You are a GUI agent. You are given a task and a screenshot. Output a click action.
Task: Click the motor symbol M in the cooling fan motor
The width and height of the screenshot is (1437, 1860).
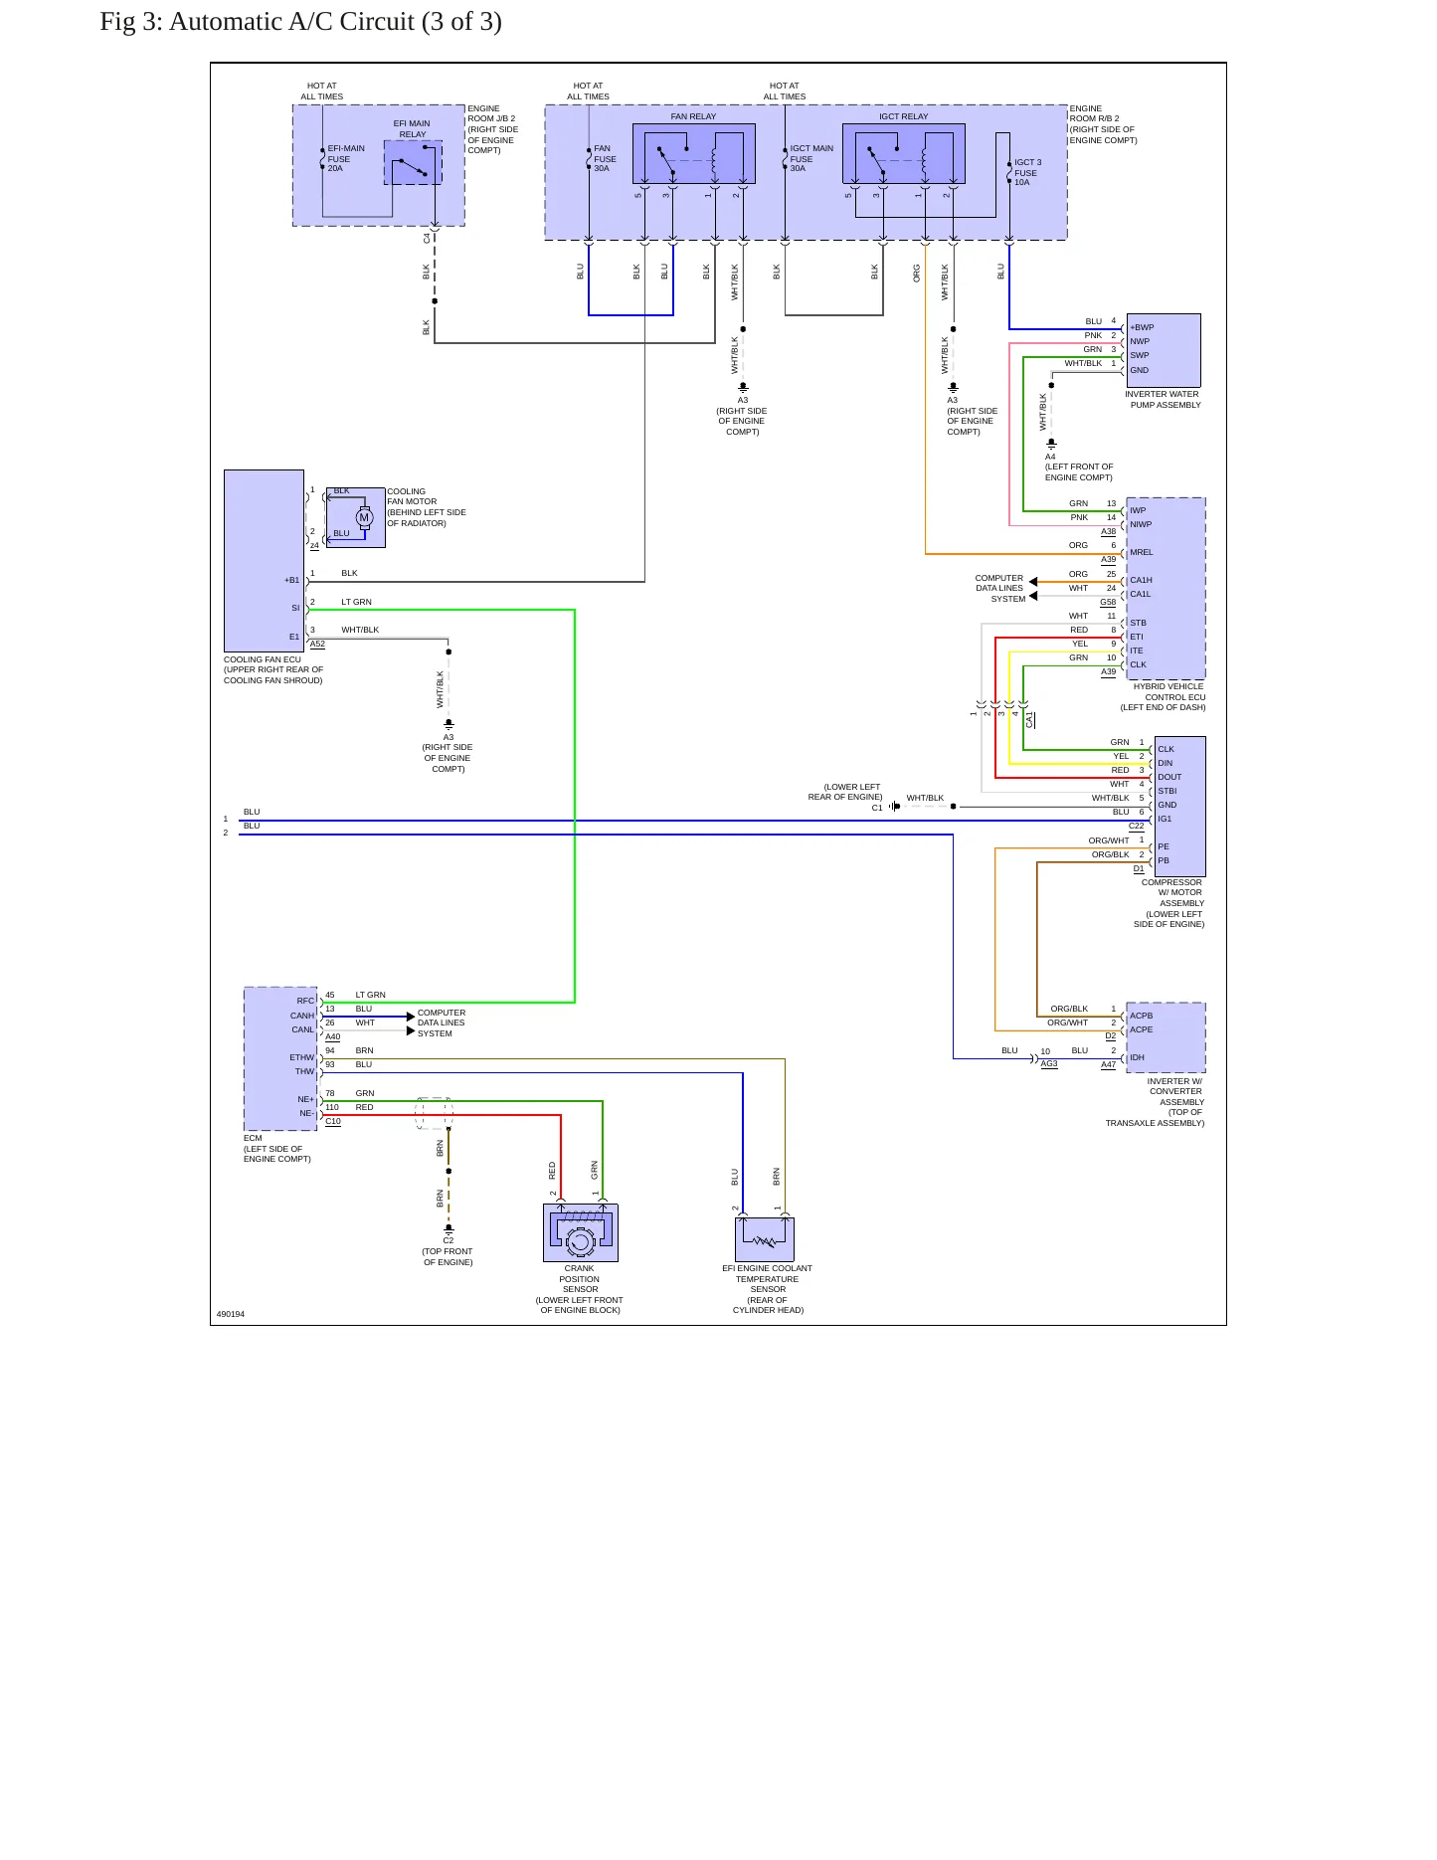point(364,517)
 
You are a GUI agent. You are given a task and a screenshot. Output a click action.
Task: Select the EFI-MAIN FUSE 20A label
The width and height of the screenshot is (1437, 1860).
point(346,158)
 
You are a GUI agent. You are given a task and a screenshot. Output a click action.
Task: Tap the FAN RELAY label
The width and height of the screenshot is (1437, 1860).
point(693,116)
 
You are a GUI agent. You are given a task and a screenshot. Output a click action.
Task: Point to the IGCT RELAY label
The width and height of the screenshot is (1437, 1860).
point(903,116)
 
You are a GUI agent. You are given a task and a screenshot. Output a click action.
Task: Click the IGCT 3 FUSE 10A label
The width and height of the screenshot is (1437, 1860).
point(1027,172)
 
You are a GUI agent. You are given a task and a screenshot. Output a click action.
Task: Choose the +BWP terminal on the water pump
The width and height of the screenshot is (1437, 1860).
point(1142,327)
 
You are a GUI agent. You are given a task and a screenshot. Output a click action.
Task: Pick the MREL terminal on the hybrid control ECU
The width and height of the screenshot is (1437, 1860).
point(1141,552)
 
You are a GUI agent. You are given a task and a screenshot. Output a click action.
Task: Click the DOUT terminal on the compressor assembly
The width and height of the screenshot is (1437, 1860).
point(1169,777)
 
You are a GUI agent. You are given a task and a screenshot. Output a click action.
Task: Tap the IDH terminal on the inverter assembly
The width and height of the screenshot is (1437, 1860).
point(1137,1057)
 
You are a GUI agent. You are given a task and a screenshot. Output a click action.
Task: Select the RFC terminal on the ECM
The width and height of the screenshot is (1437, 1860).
point(305,1001)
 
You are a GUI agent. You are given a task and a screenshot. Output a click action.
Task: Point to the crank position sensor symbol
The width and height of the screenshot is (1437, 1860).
point(580,1233)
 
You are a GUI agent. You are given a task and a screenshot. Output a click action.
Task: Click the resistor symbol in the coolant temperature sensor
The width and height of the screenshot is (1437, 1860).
point(765,1240)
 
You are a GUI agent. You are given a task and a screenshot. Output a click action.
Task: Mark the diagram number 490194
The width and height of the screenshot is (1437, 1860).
point(231,1314)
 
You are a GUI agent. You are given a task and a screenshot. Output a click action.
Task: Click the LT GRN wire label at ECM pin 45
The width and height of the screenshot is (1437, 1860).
point(370,995)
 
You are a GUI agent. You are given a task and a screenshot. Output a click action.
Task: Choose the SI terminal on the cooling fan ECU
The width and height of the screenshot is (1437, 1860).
point(295,608)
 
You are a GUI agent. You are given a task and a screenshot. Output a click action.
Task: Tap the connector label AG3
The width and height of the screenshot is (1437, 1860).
point(1049,1063)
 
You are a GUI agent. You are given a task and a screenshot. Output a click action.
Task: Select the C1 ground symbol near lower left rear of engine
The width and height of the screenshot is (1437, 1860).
point(895,806)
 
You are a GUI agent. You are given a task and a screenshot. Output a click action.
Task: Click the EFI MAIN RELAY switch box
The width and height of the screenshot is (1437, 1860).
point(413,162)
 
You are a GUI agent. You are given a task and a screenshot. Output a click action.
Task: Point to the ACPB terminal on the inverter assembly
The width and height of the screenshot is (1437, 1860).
point(1142,1016)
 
